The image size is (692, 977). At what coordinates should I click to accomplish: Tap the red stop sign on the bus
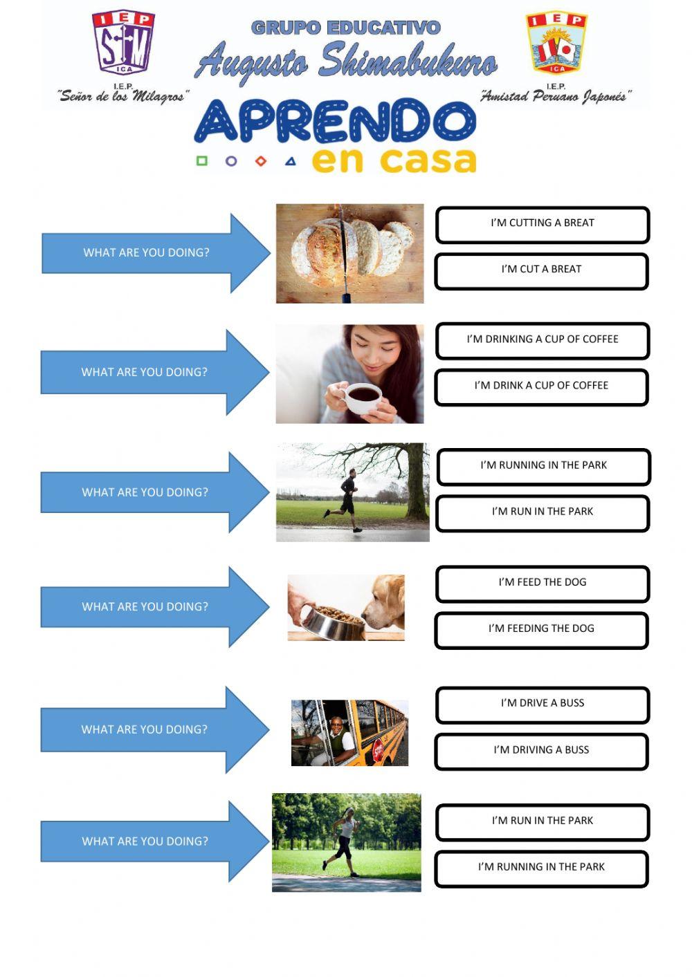pyautogui.click(x=378, y=749)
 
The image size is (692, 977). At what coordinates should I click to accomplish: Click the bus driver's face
pyautogui.click(x=336, y=726)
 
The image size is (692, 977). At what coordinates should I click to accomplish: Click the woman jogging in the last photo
pyautogui.click(x=344, y=841)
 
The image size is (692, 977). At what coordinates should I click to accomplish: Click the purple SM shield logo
pyautogui.click(x=122, y=43)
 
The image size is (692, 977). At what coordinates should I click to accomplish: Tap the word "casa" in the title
pyautogui.click(x=428, y=160)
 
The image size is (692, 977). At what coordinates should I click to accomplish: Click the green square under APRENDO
pyautogui.click(x=202, y=161)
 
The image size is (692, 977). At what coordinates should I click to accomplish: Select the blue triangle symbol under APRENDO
pyautogui.click(x=291, y=162)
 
